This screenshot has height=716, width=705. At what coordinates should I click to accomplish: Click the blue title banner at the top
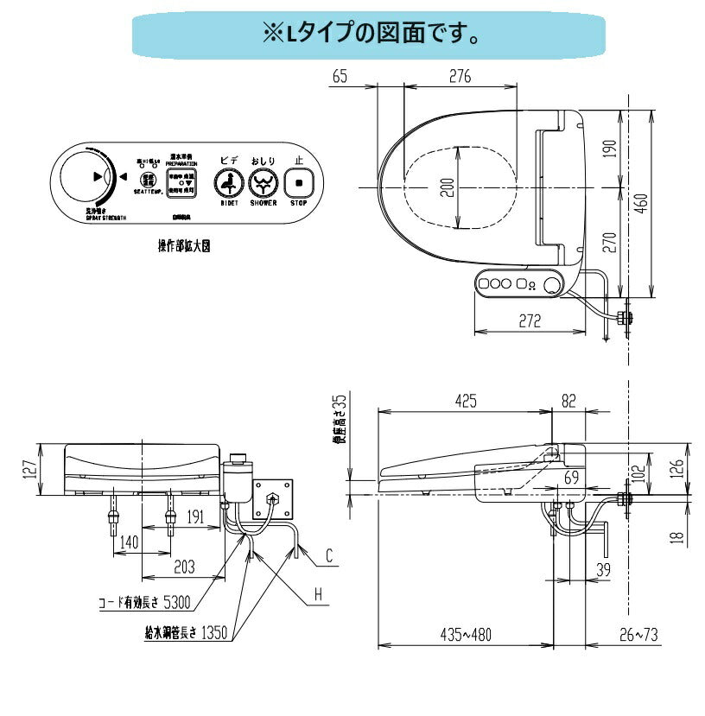pos(371,35)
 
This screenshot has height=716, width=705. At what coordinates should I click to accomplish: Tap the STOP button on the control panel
pos(299,183)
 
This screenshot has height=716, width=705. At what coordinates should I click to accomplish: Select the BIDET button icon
pos(229,183)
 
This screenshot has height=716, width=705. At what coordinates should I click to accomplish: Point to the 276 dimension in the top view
pos(460,78)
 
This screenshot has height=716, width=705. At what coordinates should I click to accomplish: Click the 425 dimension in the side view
pos(466,401)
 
